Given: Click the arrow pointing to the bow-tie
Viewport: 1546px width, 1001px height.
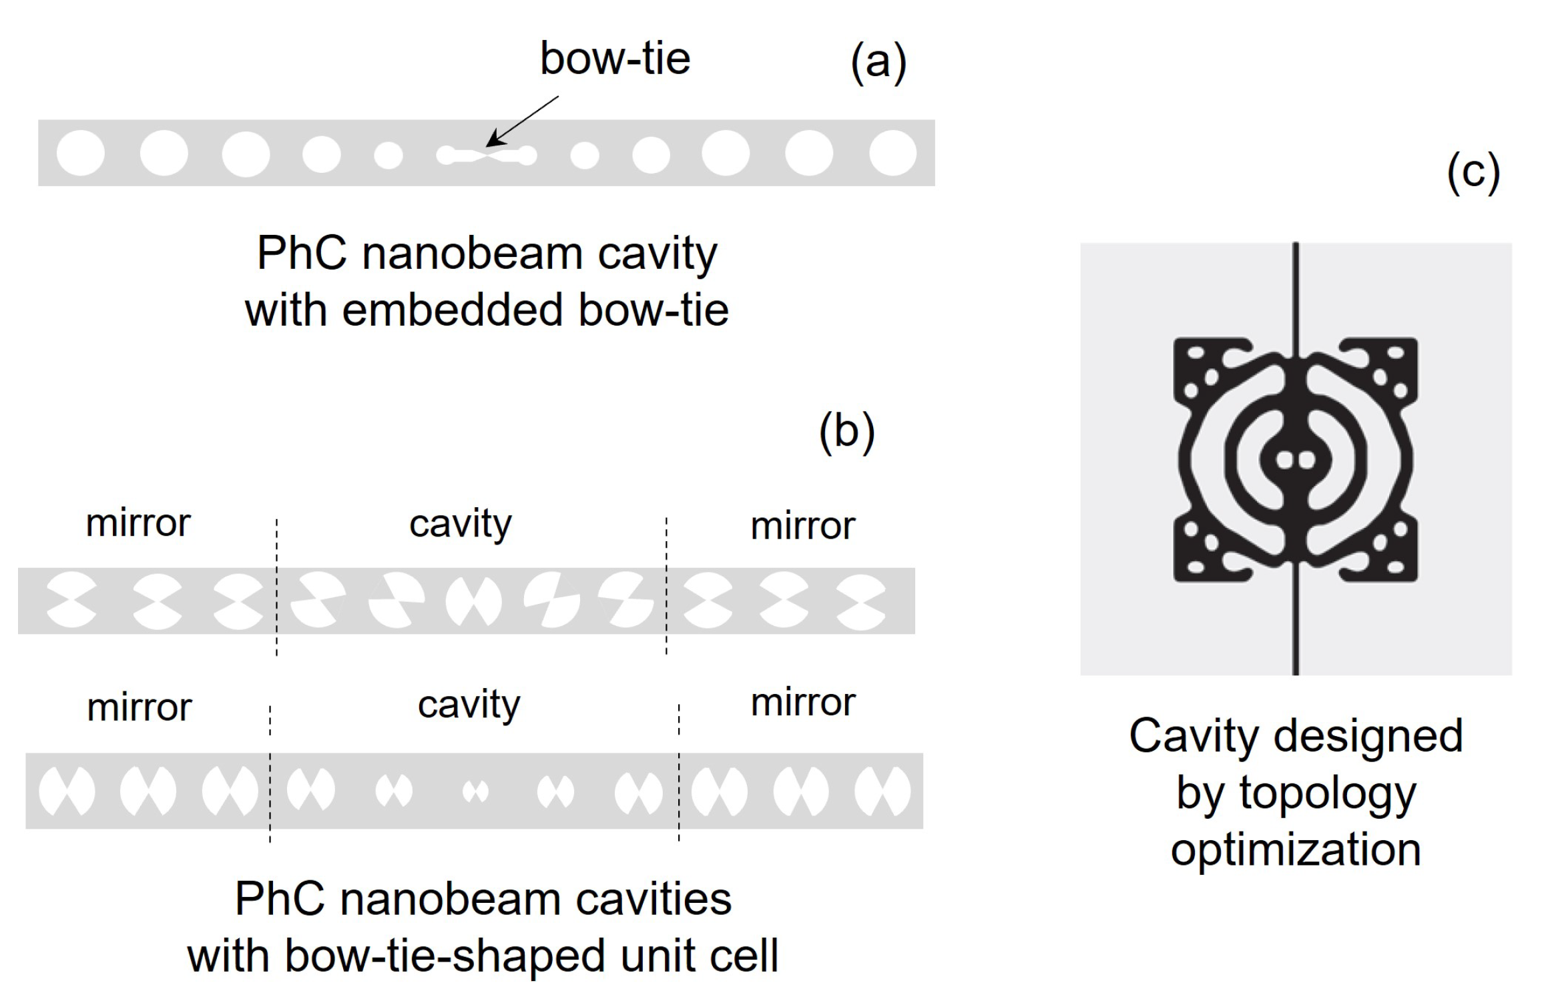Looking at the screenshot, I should pos(522,121).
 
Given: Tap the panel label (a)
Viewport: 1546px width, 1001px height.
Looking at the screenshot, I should pos(878,63).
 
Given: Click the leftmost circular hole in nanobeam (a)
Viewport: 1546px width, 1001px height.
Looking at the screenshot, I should pos(81,153).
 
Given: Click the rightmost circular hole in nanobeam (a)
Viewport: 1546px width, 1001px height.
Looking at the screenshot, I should pos(892,153).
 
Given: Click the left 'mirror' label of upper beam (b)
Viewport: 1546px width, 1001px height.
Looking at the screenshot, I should pos(138,523).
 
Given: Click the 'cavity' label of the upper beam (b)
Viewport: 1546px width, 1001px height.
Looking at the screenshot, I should pos(461,525).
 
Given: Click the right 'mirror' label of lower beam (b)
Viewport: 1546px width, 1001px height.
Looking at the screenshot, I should pos(802,703).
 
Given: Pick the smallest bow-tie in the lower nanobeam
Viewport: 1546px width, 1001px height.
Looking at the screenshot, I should pos(475,791).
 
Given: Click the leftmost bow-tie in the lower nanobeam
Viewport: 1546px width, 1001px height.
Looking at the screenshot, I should pos(67,791).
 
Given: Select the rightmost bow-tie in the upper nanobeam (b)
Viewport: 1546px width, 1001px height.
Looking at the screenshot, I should pos(861,602).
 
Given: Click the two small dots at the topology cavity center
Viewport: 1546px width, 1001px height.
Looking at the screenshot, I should pos(1295,460).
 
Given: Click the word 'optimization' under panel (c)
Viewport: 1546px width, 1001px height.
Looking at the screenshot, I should pos(1296,851).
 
